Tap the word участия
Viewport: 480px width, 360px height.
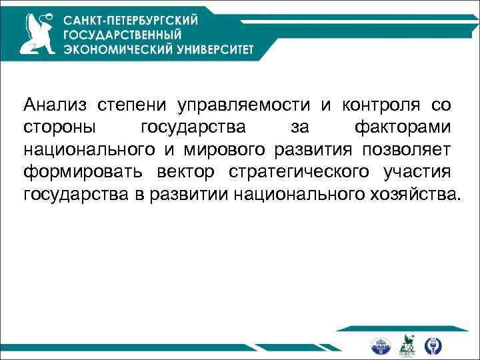[x=417, y=172]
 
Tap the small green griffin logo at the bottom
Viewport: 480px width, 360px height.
[x=407, y=345]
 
